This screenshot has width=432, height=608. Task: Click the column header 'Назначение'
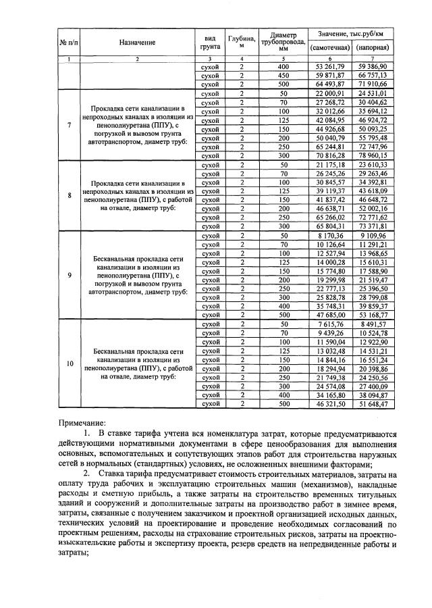pos(138,42)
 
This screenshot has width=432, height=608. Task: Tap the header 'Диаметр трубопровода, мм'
pos(283,42)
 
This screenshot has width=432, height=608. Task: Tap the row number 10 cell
pos(70,363)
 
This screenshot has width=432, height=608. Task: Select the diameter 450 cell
pos(283,76)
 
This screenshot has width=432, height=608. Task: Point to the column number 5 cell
pos(283,59)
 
